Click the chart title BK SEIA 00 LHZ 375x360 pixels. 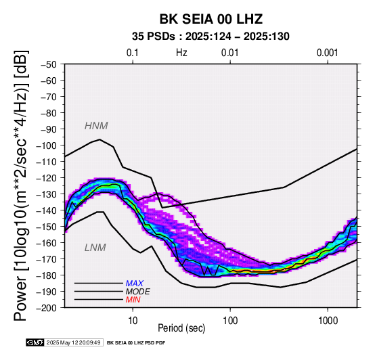coord(211,19)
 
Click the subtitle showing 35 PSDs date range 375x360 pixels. coord(211,37)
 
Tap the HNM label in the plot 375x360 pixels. coord(96,126)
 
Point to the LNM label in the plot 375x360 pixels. coord(95,248)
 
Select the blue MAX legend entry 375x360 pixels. coord(135,284)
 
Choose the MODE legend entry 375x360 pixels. coord(138,292)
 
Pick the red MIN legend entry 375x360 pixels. coord(133,300)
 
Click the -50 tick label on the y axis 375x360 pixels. coord(49,64)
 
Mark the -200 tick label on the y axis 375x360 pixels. coord(47,308)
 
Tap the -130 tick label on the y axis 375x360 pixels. coord(47,194)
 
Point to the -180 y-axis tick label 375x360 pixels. coord(47,275)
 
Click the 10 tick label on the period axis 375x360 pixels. coord(133,321)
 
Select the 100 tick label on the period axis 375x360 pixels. coord(230,321)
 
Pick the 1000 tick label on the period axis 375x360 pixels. coord(328,321)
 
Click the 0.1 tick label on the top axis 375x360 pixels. coord(133,53)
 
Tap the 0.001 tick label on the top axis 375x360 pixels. coord(328,53)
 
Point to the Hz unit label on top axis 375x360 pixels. coord(181,53)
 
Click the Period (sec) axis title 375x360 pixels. coord(181,328)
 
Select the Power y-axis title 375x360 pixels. coord(20,185)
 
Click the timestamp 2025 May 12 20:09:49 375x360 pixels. coord(73,342)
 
